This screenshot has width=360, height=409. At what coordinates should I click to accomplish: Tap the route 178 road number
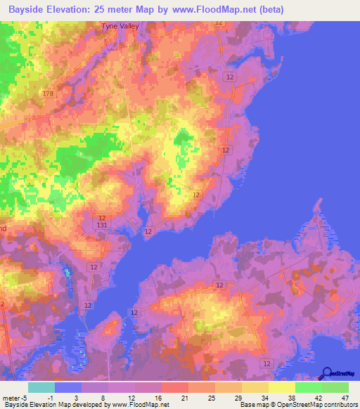48,93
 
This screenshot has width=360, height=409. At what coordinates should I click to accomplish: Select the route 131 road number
102,224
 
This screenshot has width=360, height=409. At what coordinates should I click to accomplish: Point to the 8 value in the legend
103,398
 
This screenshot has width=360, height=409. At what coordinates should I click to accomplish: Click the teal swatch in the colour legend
41,387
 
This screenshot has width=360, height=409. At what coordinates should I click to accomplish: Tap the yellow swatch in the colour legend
281,387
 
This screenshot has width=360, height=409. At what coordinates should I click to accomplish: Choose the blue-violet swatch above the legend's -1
68,387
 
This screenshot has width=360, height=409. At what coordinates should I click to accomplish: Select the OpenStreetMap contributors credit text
316,405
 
